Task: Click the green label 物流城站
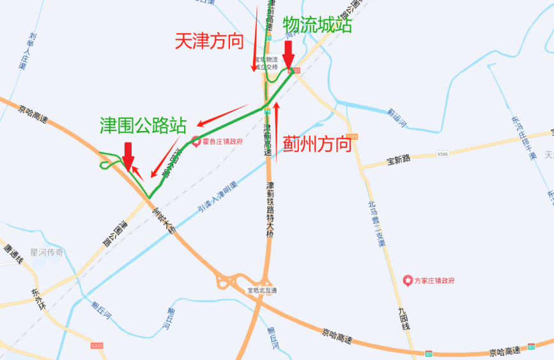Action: coord(318,25)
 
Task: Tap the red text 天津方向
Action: coord(209,42)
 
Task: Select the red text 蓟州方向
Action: coord(318,143)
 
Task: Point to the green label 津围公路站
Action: coord(143,125)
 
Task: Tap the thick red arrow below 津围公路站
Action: coord(128,155)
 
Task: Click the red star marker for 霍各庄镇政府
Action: coord(196,141)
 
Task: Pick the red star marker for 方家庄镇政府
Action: coord(407,280)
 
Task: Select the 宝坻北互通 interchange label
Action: coord(263,290)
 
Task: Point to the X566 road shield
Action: coord(443,154)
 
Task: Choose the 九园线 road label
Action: coord(403,319)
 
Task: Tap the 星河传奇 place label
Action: coord(47,253)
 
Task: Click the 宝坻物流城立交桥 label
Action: coord(266,63)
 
